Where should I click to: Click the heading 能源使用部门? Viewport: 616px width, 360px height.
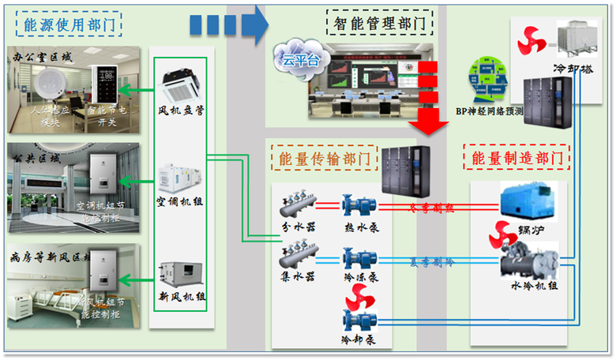coord(68,24)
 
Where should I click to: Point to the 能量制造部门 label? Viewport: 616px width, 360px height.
coord(516,157)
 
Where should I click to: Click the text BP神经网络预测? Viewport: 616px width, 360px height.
coord(490,111)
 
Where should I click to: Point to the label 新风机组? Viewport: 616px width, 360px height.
coord(182,297)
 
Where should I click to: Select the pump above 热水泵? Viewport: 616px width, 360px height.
coord(359,208)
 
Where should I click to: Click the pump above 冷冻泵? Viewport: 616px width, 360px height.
coord(359,257)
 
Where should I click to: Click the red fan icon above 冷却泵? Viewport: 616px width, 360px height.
coord(359,299)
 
